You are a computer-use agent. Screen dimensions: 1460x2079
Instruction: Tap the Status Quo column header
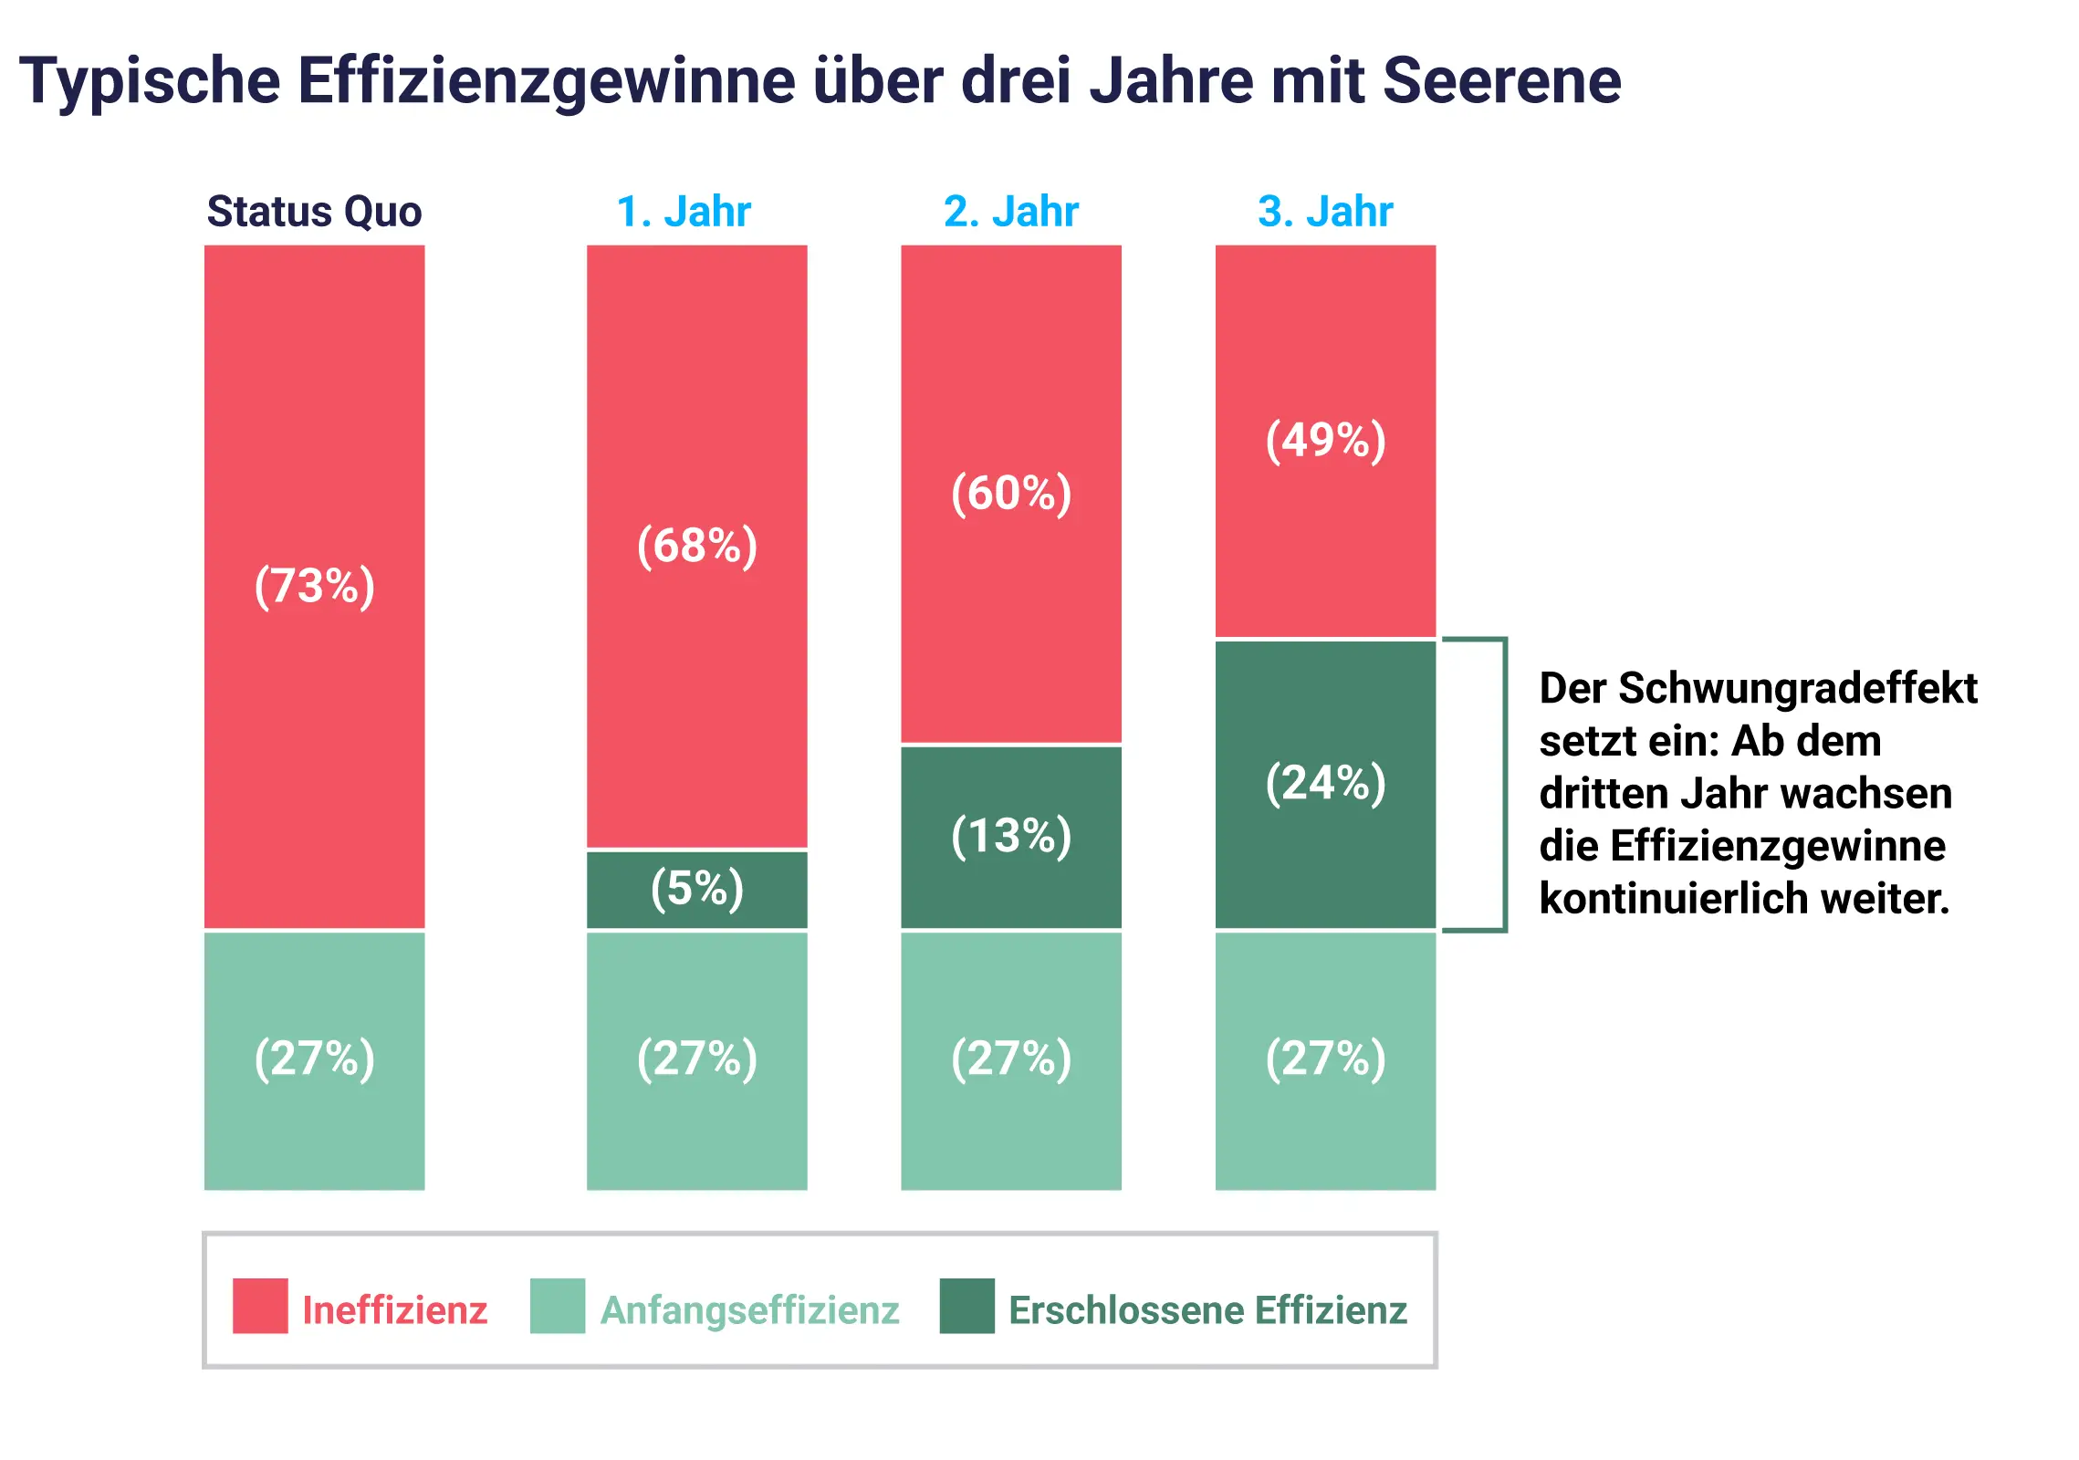tap(314, 212)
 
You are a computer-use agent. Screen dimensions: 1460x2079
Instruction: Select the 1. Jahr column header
tap(684, 212)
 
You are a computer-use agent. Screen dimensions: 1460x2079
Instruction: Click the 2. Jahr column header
tap(1010, 212)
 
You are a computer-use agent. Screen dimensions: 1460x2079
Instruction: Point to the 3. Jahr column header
tap(1325, 212)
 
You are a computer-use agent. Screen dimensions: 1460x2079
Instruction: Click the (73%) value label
tap(314, 586)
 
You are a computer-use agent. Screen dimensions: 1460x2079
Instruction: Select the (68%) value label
tap(696, 546)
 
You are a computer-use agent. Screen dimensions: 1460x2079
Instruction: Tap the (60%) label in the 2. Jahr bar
tap(1010, 494)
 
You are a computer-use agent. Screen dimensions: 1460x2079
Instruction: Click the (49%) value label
tap(1325, 441)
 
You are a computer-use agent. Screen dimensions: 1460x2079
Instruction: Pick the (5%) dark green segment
tap(696, 889)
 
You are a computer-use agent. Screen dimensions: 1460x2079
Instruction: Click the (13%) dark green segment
tap(1010, 837)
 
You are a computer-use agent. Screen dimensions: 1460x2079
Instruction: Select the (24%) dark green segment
tap(1325, 784)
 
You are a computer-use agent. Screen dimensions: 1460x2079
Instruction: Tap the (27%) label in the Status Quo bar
tap(314, 1058)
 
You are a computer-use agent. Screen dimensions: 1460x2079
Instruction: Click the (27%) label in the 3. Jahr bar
tap(1325, 1058)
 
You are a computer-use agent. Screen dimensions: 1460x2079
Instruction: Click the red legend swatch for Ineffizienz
tap(260, 1306)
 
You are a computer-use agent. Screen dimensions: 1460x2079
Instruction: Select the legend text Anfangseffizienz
tap(749, 1310)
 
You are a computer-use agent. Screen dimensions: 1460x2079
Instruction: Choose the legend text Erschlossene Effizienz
tap(1207, 1310)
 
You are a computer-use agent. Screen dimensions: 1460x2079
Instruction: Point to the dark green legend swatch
tap(966, 1306)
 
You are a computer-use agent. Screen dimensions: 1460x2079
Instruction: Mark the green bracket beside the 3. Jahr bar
tap(1503, 785)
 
